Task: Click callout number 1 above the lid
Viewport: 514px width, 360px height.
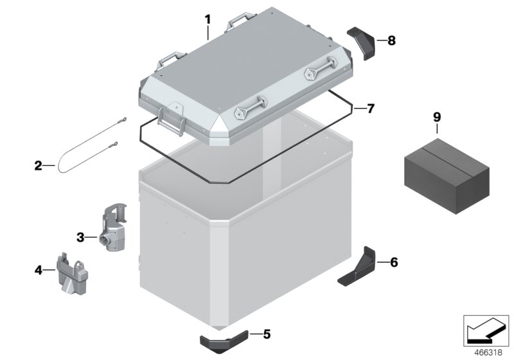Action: tap(208, 19)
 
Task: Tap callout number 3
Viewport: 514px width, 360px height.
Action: tap(81, 237)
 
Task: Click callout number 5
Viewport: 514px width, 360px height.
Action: tap(267, 334)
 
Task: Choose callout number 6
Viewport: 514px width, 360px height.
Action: tap(394, 262)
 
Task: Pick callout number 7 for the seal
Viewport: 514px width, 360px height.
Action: tap(370, 108)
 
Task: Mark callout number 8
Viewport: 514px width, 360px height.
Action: tap(391, 40)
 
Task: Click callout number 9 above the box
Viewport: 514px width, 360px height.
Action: tap(437, 117)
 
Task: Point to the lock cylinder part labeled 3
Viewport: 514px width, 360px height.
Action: tap(111, 229)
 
